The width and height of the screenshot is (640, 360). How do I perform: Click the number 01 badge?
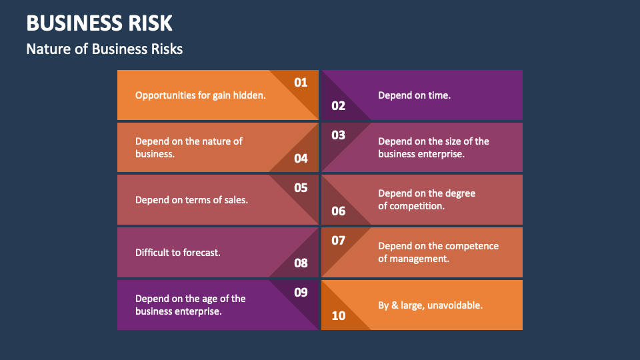(x=301, y=83)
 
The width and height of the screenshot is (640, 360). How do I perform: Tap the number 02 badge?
(x=339, y=105)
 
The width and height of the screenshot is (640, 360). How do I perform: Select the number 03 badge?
(x=339, y=135)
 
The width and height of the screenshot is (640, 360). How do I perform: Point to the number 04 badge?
(x=301, y=158)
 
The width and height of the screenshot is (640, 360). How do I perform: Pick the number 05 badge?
(x=301, y=188)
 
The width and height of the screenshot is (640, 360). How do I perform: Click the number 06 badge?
(x=339, y=211)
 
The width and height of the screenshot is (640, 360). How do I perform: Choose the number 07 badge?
(x=339, y=240)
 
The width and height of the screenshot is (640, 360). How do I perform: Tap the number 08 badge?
(x=301, y=263)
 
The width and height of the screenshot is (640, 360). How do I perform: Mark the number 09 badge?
(x=301, y=293)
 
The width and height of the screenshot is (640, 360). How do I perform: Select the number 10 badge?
(x=339, y=315)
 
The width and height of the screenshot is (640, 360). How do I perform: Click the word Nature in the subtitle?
(x=45, y=49)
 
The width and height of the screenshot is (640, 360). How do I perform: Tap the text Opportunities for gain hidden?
(x=201, y=95)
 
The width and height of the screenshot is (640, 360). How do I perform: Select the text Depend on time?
(x=414, y=95)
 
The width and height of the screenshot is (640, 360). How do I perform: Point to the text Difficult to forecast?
(x=178, y=253)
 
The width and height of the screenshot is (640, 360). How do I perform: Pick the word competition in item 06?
(x=417, y=206)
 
